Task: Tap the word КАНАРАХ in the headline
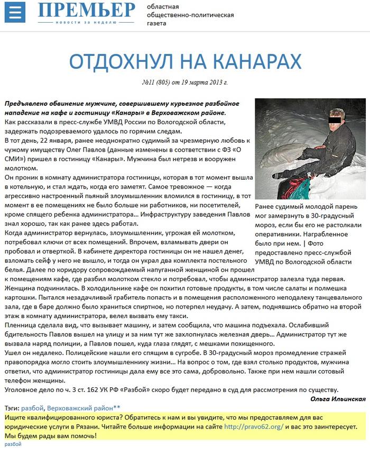[251, 61]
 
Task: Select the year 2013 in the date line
[214, 82]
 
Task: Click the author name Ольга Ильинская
[338, 398]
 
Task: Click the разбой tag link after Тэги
[32, 408]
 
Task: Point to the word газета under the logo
[156, 24]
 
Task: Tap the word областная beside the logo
[162, 7]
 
